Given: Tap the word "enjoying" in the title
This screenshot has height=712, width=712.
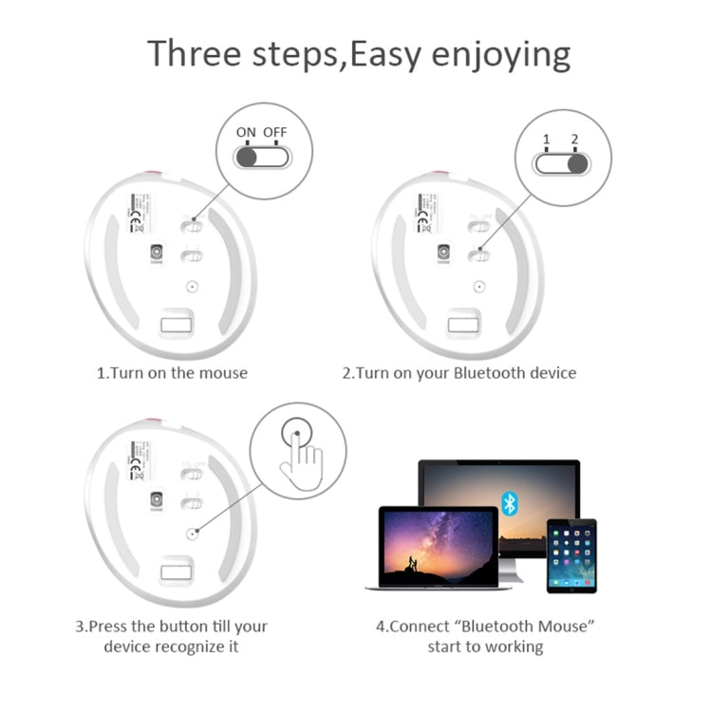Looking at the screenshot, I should tap(502, 55).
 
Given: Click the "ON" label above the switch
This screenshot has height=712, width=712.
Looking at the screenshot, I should tap(246, 132).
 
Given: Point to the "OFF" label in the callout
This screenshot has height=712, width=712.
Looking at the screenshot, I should tap(275, 132).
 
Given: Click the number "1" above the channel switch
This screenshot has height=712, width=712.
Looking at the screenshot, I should tap(546, 140).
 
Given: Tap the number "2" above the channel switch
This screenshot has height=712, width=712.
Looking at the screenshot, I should tap(573, 140).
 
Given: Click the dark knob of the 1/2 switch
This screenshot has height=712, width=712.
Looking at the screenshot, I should tap(576, 164).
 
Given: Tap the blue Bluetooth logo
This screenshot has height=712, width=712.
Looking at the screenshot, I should tap(510, 504).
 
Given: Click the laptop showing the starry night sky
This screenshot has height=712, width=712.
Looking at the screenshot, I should tap(438, 548).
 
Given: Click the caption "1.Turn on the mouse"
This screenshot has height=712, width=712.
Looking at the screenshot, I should tap(172, 373).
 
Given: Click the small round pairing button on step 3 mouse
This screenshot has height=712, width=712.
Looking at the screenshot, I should tap(192, 534).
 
